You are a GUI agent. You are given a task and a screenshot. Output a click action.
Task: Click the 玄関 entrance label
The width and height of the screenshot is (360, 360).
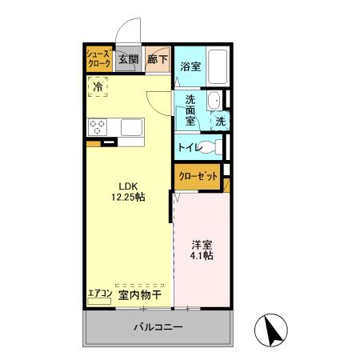pos(128,58)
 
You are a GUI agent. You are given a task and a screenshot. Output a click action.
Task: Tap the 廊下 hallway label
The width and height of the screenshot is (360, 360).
pos(156,58)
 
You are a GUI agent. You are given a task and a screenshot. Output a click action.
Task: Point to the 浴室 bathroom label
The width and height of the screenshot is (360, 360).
pos(190,66)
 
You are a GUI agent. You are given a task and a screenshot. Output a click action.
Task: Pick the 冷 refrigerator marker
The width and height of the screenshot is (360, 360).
pos(98,86)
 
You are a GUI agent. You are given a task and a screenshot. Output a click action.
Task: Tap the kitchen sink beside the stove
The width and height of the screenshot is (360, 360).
pos(130,126)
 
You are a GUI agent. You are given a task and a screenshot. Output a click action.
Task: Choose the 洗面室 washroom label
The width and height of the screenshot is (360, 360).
pos(191,111)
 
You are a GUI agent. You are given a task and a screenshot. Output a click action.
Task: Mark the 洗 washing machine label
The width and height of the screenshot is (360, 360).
pos(218,122)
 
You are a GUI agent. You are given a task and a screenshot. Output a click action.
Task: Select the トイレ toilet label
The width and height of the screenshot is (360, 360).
pos(189,147)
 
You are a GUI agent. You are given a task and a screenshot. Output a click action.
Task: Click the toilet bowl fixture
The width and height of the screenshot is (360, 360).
pos(211,147)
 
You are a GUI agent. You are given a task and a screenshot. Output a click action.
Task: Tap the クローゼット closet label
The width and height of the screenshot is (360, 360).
pos(196,176)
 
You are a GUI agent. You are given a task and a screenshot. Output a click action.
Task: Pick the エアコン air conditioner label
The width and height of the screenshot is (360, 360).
pos(99,294)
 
